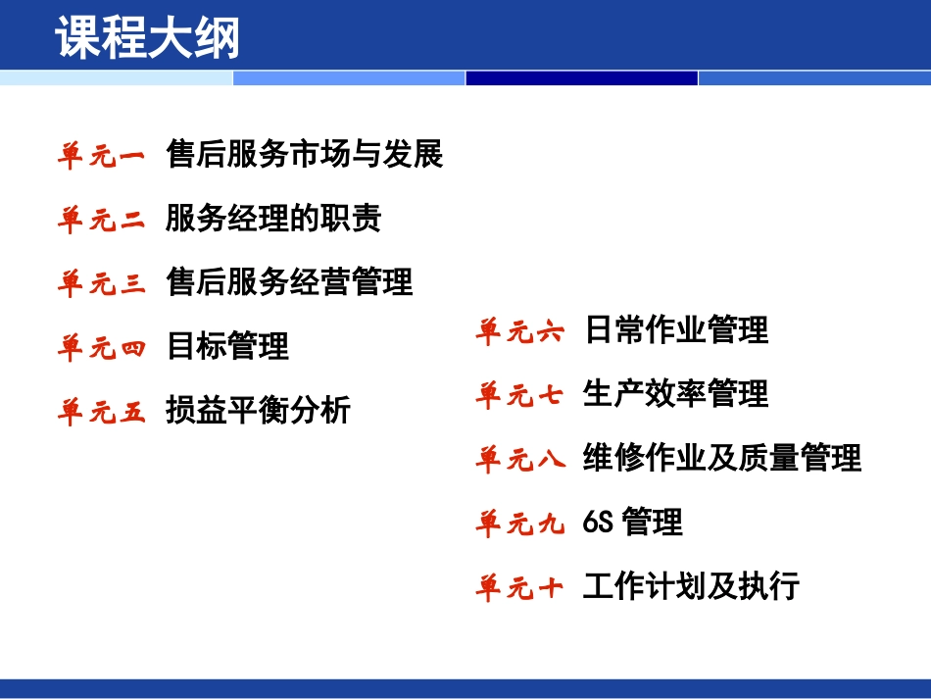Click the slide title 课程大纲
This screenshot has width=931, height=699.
coord(148,39)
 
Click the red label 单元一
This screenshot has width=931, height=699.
coord(101,155)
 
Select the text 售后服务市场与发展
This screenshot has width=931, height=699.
coord(305,154)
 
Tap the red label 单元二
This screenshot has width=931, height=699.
coord(101,220)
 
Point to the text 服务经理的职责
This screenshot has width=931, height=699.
coord(273,219)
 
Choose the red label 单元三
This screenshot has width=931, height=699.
coord(101,284)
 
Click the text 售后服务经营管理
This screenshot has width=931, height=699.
coord(289,282)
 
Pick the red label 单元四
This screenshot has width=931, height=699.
coord(101,348)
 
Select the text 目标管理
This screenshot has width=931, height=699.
coord(227,346)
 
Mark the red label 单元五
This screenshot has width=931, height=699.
coord(101,412)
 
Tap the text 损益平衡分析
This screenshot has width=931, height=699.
coord(258,410)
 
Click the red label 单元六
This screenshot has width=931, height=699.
coord(520,332)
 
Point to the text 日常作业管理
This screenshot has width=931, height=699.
coord(675,330)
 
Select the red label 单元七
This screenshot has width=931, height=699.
coord(520,396)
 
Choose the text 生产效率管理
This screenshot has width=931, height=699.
coord(675,394)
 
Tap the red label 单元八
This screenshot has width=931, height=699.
coord(520,460)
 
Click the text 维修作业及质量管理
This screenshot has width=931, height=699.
coord(721,458)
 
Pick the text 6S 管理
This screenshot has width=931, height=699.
coord(632,523)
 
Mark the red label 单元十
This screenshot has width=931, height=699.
coord(520,588)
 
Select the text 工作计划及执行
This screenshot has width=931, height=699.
coord(691,586)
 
